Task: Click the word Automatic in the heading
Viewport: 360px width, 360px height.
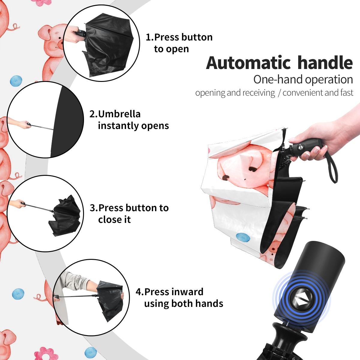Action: [x=248, y=63]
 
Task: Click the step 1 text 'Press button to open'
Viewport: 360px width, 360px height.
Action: [x=179, y=43]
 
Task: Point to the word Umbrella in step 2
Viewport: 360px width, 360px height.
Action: [x=119, y=114]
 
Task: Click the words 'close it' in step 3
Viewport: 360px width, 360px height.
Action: [x=114, y=220]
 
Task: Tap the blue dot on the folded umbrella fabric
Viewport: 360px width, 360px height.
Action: [x=243, y=237]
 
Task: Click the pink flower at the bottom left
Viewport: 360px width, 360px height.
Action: [x=43, y=352]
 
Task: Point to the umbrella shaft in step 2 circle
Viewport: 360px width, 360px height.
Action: [x=42, y=127]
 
